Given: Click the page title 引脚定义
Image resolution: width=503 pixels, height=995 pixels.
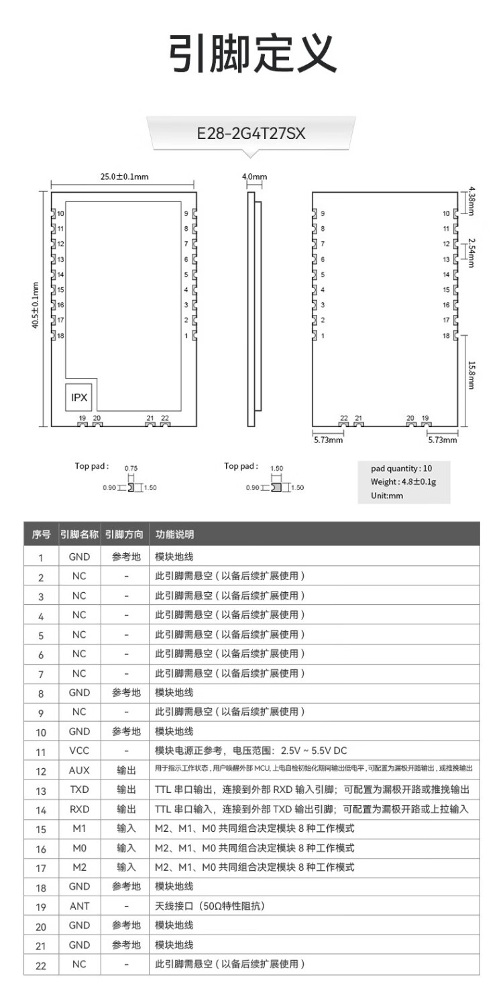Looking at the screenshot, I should point(251,54).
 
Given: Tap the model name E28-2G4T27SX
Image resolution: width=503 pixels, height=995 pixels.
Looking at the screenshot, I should point(251,134).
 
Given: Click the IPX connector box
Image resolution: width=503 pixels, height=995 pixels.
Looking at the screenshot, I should point(79,397).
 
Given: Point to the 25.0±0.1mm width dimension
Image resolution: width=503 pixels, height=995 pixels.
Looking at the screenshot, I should point(124,177).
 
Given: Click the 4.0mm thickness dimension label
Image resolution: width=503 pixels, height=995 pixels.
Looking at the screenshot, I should point(254,177).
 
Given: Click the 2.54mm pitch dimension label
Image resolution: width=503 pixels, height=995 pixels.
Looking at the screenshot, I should point(471,252).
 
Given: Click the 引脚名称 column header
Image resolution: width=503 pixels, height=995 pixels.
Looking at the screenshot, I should point(79,535).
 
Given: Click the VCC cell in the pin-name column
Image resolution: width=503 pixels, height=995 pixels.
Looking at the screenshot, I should point(79,751).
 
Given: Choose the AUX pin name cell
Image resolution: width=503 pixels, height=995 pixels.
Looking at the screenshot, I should point(79,770).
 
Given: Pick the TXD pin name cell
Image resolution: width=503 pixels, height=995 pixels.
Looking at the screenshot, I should point(79,790).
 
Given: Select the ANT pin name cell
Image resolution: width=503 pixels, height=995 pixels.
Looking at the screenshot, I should point(79,906).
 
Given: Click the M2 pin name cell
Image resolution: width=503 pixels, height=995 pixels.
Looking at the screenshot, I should point(79,867).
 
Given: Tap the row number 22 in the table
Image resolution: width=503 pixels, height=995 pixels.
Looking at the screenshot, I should point(41,965).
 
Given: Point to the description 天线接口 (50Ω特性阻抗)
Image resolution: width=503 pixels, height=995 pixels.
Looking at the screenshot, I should point(210,906).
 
